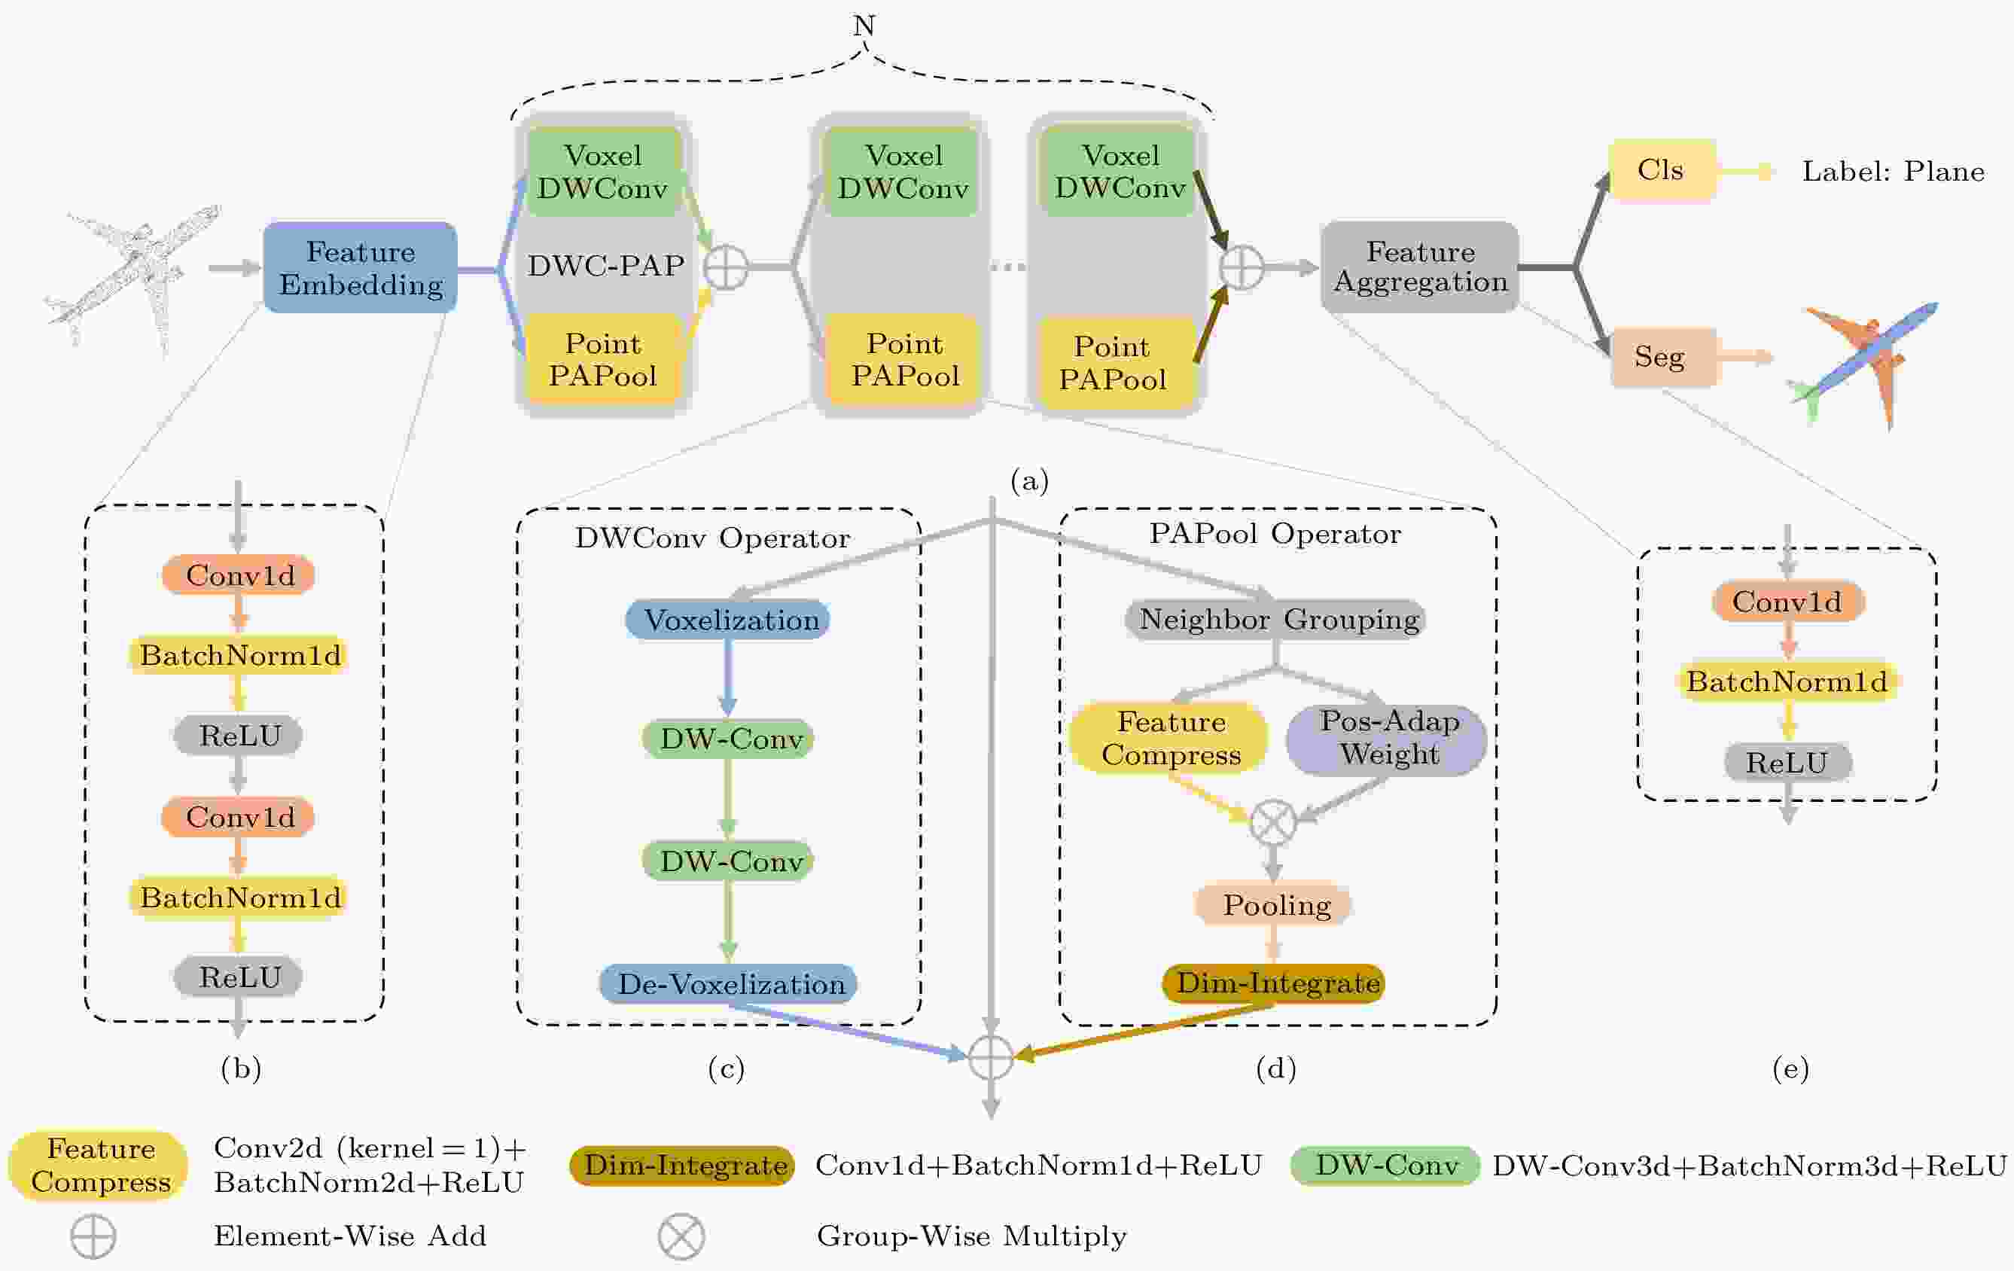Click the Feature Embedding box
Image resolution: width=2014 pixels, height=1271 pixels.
coord(361,267)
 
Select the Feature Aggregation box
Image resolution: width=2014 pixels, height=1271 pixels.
coord(1419,267)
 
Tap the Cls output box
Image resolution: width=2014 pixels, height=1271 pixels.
coord(1661,171)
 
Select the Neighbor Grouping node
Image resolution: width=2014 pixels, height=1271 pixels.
coord(1276,620)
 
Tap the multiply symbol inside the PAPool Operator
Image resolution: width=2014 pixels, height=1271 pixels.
coord(1273,821)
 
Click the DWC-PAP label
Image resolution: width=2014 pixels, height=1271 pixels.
coord(605,266)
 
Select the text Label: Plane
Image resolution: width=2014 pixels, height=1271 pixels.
coord(1893,172)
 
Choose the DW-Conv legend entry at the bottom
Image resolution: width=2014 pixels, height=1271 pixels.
coord(1385,1165)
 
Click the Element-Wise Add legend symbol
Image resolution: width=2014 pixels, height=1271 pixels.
coord(93,1236)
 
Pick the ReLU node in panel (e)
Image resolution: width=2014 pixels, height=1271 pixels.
coord(1787,762)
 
